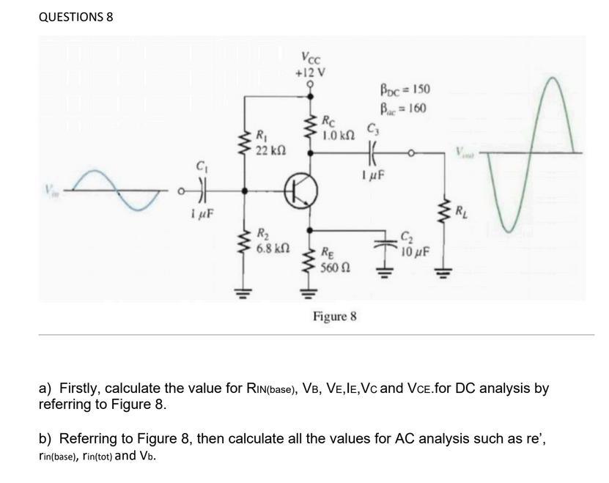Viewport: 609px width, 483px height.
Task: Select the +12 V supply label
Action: coord(310,73)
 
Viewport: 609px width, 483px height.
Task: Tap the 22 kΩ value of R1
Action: coord(270,150)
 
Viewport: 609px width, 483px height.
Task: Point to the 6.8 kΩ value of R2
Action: coord(274,248)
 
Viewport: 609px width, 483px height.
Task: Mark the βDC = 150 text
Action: coord(405,90)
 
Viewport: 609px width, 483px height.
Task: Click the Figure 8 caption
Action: coord(335,317)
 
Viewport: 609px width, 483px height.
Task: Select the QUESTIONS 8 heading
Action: coord(75,16)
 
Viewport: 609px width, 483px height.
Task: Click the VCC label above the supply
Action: coord(310,58)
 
